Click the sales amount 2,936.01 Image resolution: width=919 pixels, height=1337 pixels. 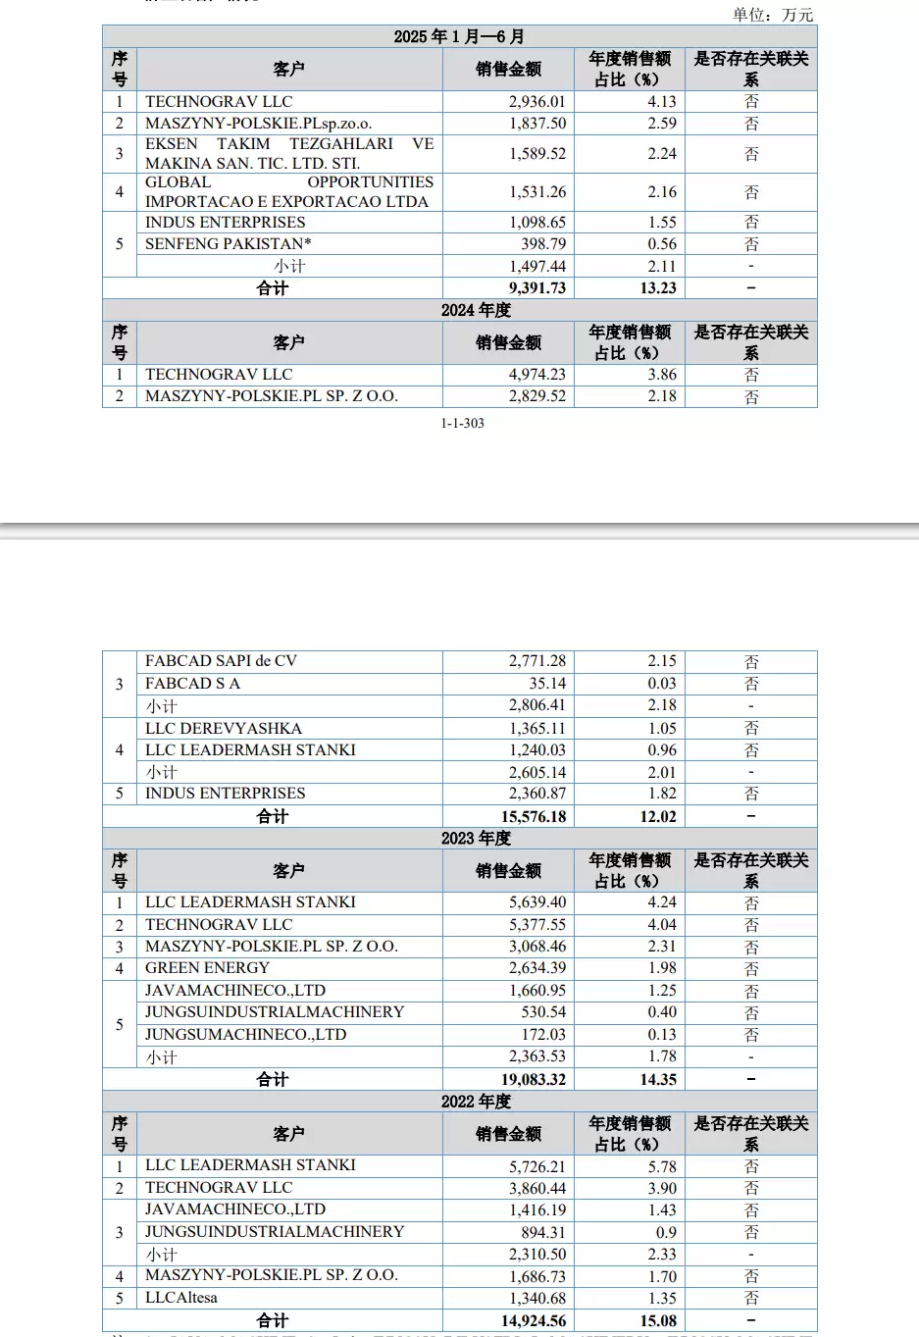(536, 101)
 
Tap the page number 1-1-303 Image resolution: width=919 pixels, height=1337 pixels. (462, 423)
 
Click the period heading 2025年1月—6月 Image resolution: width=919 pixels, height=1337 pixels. (459, 36)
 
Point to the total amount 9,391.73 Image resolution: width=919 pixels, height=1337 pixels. (536, 288)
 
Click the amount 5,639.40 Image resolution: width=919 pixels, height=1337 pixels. (536, 902)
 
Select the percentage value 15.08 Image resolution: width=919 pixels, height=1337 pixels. (658, 1320)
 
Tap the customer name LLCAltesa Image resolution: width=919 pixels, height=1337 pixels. (181, 1298)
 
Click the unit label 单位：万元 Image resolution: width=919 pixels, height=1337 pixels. (773, 14)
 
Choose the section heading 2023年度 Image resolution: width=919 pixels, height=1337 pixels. (476, 838)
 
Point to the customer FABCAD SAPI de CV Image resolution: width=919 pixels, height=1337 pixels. (221, 661)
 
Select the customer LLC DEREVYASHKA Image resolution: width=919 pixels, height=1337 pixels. (224, 728)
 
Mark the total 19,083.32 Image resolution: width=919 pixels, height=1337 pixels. (534, 1079)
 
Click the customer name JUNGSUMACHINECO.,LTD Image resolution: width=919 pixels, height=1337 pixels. (245, 1034)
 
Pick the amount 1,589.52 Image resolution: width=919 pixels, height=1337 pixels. (536, 153)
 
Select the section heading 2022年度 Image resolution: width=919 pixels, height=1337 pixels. (476, 1101)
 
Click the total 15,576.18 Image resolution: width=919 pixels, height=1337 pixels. (534, 816)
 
